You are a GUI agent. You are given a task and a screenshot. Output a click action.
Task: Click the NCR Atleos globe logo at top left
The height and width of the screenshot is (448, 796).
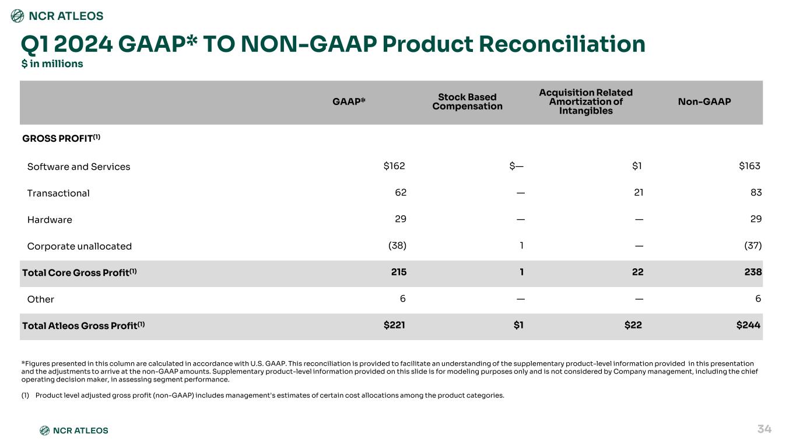17,16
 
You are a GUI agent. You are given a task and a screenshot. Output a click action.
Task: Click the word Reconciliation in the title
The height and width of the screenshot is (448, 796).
562,44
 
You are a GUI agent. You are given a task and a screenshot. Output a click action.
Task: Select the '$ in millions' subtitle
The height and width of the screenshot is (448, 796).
52,64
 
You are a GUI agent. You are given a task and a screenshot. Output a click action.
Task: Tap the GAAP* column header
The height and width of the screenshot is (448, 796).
349,101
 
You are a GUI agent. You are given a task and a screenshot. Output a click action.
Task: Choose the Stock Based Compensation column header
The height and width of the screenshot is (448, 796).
467,101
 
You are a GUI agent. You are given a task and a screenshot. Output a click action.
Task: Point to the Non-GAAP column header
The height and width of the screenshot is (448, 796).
704,101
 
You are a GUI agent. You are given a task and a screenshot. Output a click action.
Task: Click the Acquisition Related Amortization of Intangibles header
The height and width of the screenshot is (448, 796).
585,101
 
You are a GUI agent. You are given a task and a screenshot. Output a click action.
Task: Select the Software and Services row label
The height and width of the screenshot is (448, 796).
79,167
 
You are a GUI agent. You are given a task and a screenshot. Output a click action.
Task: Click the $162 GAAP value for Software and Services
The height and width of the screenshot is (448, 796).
394,166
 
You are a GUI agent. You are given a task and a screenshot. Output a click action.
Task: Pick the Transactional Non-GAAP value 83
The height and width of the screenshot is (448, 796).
756,192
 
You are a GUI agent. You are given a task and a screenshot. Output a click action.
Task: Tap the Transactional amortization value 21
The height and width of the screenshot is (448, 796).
638,192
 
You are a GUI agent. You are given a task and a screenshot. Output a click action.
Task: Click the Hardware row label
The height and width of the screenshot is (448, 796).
50,220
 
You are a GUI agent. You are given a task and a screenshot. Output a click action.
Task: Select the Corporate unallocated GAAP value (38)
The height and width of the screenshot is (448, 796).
397,246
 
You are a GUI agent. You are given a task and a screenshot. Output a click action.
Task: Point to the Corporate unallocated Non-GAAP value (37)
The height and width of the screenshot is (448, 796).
753,246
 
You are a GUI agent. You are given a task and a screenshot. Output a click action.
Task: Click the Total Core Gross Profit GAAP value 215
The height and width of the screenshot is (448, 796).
399,272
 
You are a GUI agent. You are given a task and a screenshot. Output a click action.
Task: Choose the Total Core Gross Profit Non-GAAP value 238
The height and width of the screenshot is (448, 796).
753,272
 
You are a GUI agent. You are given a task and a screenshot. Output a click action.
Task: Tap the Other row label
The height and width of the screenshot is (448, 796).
40,299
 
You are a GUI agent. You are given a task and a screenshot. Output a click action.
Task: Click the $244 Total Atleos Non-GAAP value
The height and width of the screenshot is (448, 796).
748,325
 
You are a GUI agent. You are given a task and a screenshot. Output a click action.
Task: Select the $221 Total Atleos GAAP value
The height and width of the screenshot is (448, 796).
394,325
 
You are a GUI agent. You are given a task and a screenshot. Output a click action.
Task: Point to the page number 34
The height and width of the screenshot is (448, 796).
764,429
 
